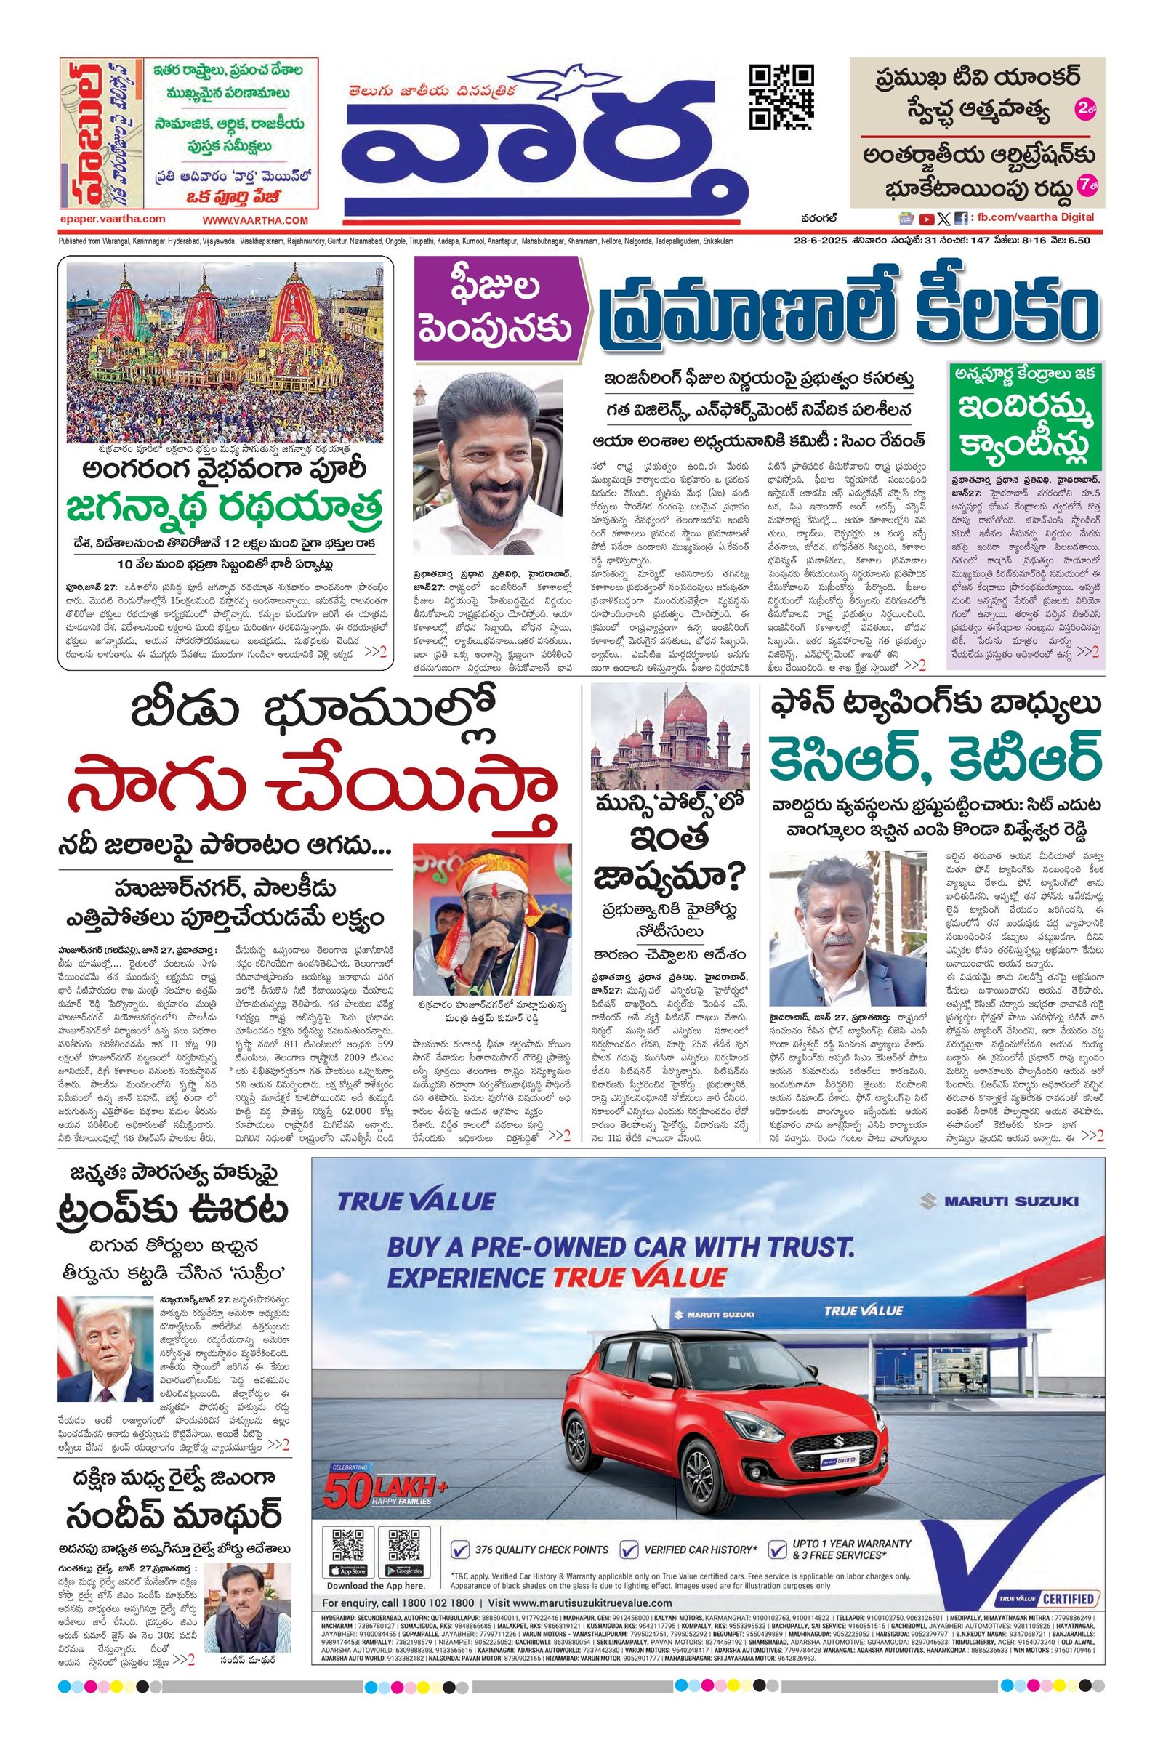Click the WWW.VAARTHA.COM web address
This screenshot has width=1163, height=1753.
pyautogui.click(x=254, y=220)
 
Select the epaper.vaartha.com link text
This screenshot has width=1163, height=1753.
pyautogui.click(x=112, y=219)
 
